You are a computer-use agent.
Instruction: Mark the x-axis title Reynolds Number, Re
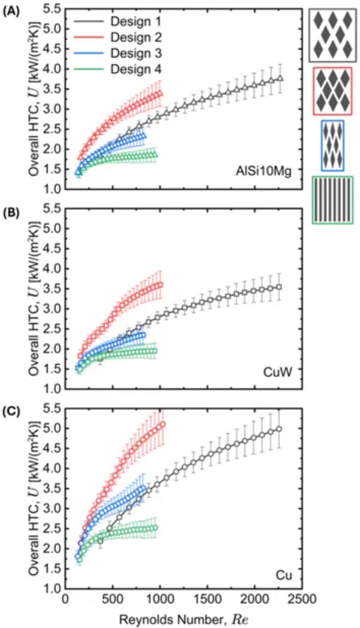point(183,618)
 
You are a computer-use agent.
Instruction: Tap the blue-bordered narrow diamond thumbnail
point(333,145)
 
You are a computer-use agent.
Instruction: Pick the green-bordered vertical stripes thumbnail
point(333,200)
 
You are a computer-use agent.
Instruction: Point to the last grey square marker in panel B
point(279,287)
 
